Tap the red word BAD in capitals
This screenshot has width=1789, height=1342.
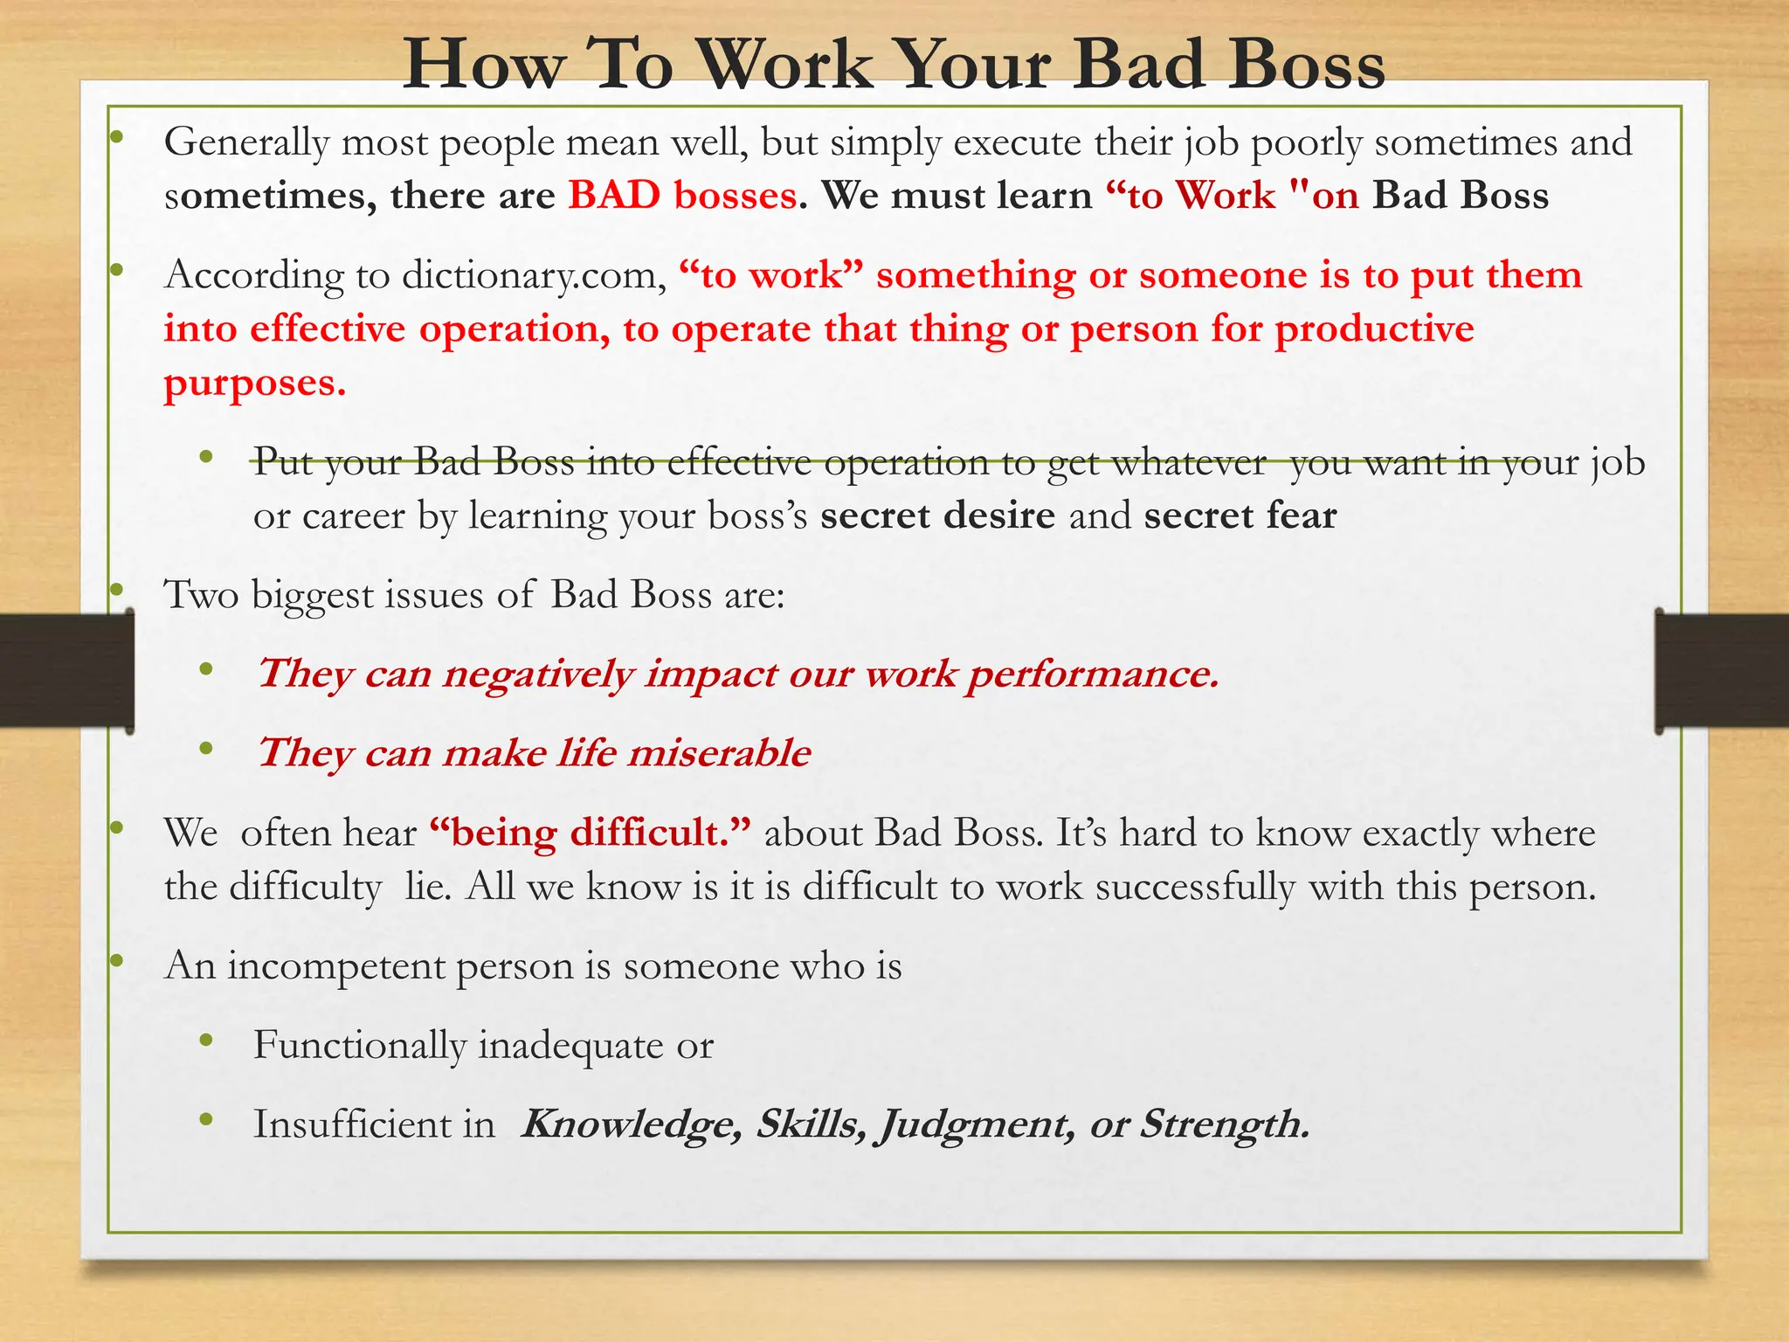[x=614, y=195]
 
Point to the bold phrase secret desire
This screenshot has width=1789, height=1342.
[x=937, y=515]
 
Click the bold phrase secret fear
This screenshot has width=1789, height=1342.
[x=1240, y=515]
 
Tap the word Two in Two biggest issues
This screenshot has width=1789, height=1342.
[x=201, y=595]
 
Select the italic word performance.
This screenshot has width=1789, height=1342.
[x=1092, y=674]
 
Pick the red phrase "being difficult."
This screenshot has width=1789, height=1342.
[x=590, y=833]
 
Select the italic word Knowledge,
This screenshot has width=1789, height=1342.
[x=631, y=1124]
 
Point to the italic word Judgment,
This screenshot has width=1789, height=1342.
[x=977, y=1124]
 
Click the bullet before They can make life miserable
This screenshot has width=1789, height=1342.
[x=206, y=749]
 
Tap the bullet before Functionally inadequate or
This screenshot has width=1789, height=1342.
[x=206, y=1041]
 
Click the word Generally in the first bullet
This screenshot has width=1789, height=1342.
[x=246, y=142]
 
